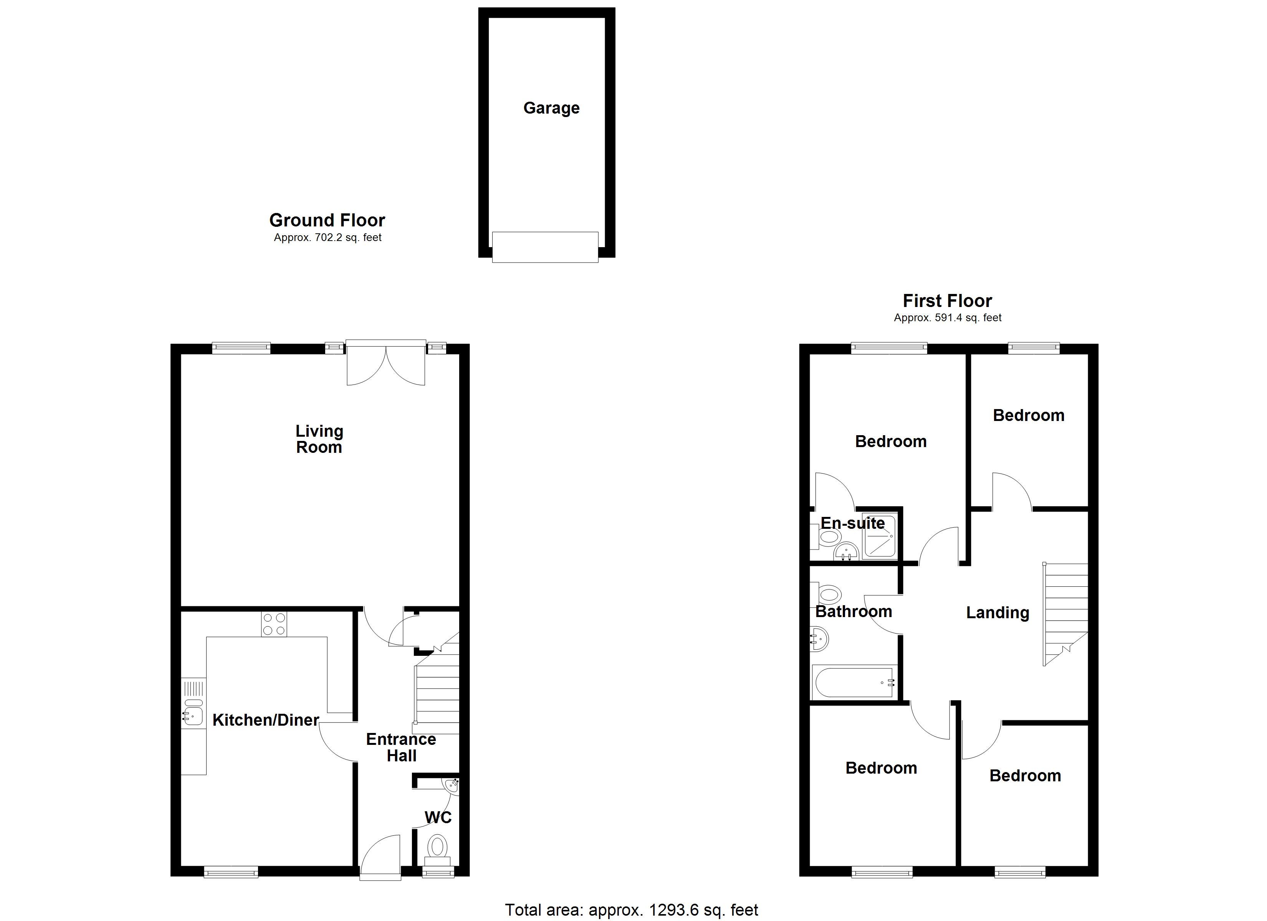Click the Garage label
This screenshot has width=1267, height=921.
[551, 108]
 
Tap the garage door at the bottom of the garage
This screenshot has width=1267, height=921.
[545, 247]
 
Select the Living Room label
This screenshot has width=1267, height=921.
[319, 439]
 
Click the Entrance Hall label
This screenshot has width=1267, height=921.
[401, 747]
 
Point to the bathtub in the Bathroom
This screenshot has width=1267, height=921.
[855, 682]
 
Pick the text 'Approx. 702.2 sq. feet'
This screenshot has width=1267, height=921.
[328, 238]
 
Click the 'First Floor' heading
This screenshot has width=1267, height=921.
[948, 301]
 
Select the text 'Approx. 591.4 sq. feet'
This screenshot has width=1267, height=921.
[948, 318]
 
